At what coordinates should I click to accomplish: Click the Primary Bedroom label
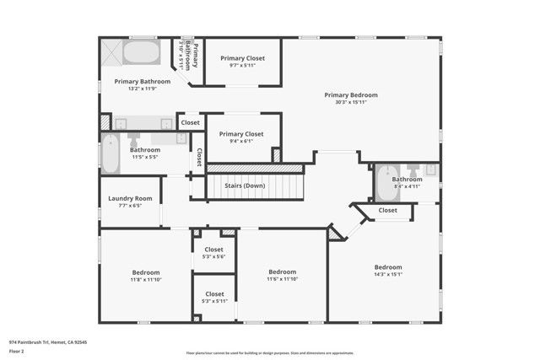tap(351, 95)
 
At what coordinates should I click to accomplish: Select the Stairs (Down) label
tap(256, 185)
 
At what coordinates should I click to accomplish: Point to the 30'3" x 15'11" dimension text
tap(351, 103)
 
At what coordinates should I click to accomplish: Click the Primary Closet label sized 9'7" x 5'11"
tap(242, 58)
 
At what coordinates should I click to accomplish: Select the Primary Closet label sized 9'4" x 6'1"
tap(241, 134)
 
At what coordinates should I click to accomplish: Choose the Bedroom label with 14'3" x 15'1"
tap(388, 266)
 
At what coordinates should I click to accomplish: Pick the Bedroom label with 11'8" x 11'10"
tap(145, 271)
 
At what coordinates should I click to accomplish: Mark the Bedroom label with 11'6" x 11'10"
tap(282, 271)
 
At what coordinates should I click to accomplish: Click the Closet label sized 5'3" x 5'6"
tap(213, 250)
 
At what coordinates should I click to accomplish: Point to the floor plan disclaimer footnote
tap(269, 353)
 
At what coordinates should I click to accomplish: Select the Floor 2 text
tap(17, 351)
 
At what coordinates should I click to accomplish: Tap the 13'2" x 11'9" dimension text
tap(143, 89)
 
